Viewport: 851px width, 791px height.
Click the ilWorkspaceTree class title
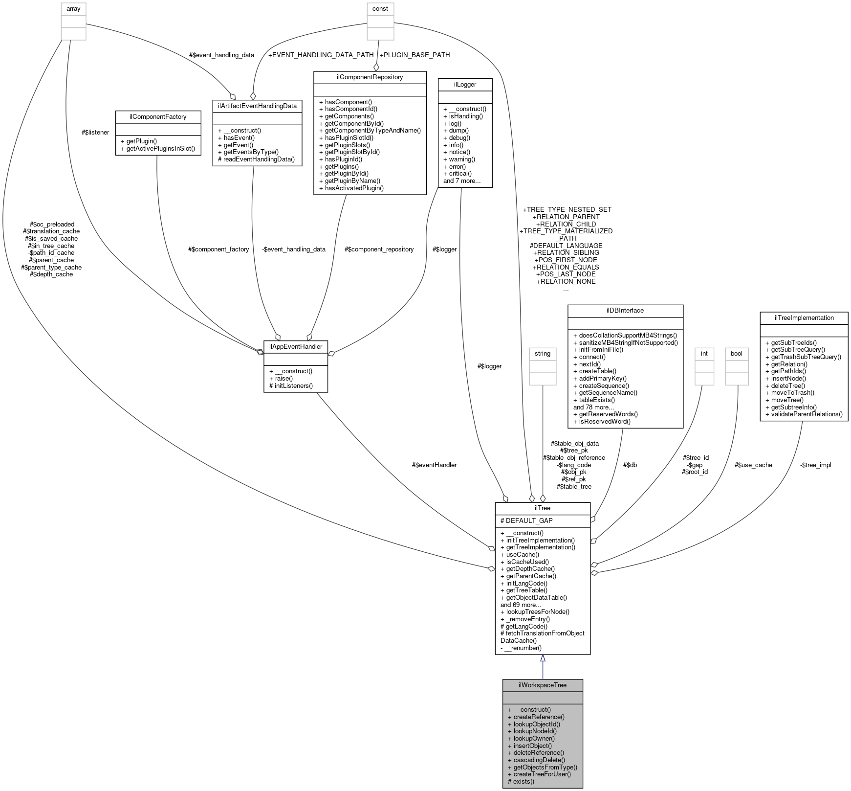click(x=543, y=685)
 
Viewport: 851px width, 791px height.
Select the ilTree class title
click(x=543, y=508)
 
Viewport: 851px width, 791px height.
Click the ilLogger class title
click(x=465, y=84)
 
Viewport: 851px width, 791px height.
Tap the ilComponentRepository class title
click(x=370, y=77)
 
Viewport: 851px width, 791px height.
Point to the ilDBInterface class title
click(x=625, y=310)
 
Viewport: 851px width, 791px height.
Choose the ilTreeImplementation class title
click(x=804, y=317)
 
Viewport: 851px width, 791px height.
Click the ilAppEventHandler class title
click(x=295, y=346)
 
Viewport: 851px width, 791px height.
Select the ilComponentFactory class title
click(x=158, y=116)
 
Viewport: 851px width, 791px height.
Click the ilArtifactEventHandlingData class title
click(x=257, y=106)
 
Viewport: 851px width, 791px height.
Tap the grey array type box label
click(x=73, y=9)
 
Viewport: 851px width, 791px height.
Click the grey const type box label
click(x=380, y=9)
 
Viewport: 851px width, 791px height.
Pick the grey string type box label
click(x=543, y=353)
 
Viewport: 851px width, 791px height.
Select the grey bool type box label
click(x=736, y=353)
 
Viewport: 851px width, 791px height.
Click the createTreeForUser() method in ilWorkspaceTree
click(x=542, y=774)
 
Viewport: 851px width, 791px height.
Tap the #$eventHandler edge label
click(x=434, y=465)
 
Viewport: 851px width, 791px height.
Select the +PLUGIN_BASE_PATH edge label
click(x=415, y=55)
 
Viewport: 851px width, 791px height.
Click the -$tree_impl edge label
click(x=815, y=465)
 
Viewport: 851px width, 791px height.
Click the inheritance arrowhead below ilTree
click(x=543, y=659)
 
